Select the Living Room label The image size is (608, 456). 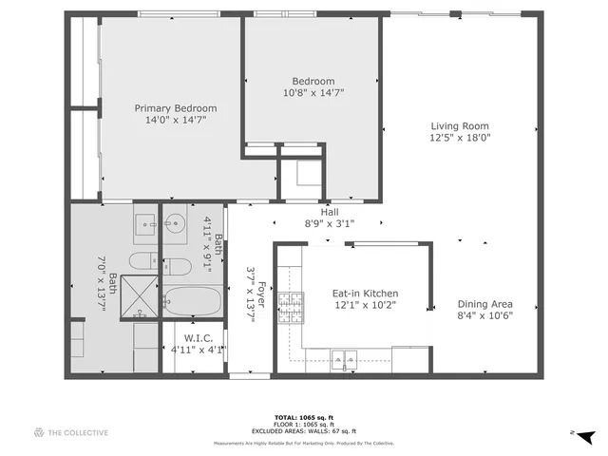tap(460, 125)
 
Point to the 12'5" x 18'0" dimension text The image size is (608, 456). tap(460, 138)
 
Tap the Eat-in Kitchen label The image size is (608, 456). tap(365, 294)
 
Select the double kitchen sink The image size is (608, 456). tap(343, 358)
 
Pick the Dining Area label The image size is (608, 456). tap(485, 304)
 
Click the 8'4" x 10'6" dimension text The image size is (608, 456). tap(485, 316)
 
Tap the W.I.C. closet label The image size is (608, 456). tap(198, 337)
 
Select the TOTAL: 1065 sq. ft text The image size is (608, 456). tap(303, 417)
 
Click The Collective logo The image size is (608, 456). tap(71, 432)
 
